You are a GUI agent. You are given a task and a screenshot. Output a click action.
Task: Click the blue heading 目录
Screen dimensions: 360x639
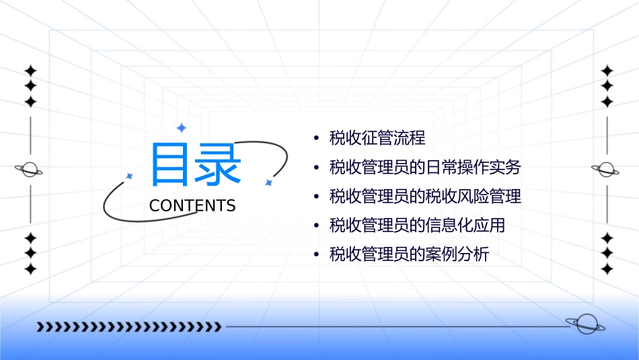tap(196, 166)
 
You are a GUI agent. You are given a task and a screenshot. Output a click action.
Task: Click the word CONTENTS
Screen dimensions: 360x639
tap(192, 206)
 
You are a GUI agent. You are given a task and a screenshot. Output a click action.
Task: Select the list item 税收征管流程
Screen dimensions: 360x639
tap(377, 139)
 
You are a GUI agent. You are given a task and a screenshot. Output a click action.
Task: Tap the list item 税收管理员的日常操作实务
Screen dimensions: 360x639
tap(425, 168)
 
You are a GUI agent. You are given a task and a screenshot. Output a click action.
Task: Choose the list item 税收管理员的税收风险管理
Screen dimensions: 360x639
tap(425, 196)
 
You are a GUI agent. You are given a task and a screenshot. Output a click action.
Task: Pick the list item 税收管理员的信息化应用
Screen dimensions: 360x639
tap(417, 225)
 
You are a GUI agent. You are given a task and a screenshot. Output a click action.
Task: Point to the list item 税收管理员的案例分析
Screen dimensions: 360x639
tap(409, 254)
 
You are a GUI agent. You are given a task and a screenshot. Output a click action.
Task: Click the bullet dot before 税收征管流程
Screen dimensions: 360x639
tap(316, 139)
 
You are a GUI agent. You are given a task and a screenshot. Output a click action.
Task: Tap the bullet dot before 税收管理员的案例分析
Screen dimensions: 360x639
tap(316, 255)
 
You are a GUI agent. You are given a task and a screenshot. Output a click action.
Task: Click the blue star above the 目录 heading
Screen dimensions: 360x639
tap(180, 127)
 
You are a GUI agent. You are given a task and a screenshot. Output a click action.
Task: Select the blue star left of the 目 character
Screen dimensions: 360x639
tap(129, 176)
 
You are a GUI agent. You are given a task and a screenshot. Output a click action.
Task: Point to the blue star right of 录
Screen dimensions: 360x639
tap(268, 182)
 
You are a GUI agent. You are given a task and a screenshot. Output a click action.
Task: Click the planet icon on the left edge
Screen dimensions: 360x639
tap(30, 170)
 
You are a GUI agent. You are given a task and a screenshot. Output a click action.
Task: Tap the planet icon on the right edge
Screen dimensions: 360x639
tap(606, 170)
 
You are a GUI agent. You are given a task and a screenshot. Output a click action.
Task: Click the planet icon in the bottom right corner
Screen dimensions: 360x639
tap(585, 324)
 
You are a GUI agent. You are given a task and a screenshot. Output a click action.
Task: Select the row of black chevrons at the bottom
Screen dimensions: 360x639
tap(128, 327)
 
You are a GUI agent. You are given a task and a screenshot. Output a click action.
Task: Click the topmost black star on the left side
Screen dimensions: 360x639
tap(30, 71)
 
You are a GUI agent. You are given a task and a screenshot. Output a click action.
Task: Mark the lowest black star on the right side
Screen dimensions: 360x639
tap(607, 269)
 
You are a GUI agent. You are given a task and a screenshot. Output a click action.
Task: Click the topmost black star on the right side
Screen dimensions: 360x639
tap(607, 71)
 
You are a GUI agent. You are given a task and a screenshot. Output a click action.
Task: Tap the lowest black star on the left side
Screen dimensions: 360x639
tap(30, 269)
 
